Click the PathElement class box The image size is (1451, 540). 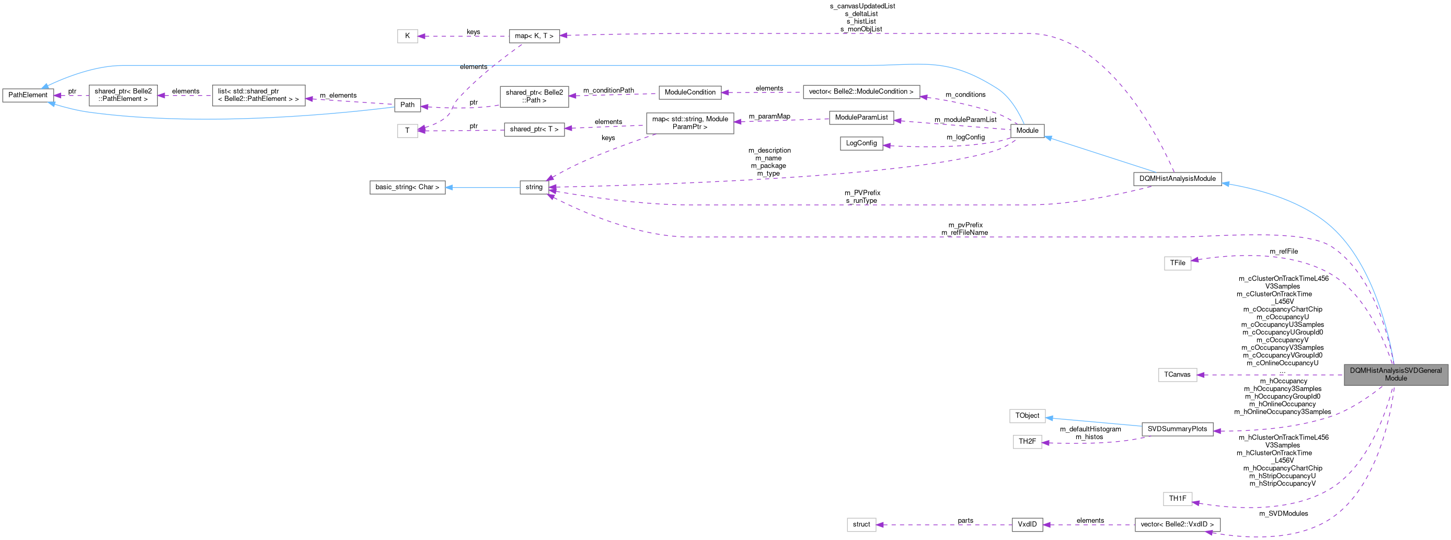coord(28,95)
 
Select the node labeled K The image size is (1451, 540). coord(407,36)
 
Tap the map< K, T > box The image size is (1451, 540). coord(534,36)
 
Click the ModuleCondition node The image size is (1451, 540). coord(689,93)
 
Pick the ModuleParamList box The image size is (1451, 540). coord(861,118)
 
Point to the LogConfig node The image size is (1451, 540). coord(861,143)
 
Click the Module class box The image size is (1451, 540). coord(1027,131)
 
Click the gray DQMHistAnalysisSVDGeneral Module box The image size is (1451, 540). coord(1395,374)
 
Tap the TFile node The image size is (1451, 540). coord(1177,263)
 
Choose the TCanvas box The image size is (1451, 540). coord(1177,374)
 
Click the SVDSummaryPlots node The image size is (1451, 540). coord(1177,429)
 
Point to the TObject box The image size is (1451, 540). coord(1027,416)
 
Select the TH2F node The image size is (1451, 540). coord(1027,441)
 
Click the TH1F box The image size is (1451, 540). coord(1177,498)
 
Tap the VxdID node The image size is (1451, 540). coord(1027,524)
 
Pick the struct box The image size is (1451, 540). coord(861,524)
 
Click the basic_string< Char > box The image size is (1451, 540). coord(407,187)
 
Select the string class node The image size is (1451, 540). coord(534,187)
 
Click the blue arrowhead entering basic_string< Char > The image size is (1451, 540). coord(450,187)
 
